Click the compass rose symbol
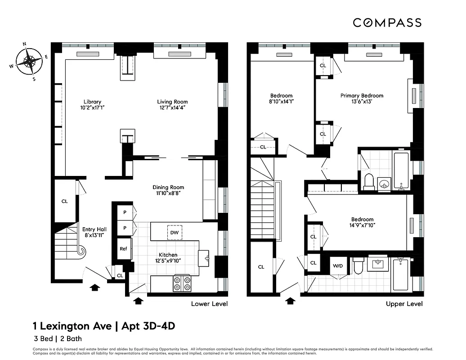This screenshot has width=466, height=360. tap(29, 61)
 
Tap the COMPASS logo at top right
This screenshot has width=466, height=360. tap(386, 22)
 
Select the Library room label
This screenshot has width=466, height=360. tap(92, 102)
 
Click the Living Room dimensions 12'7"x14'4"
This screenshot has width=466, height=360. tap(172, 108)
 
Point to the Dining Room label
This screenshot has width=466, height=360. tap(168, 187)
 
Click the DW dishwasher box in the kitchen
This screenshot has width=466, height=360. tap(175, 232)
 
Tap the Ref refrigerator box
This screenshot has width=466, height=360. tap(123, 248)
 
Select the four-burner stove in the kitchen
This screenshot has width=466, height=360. tap(182, 283)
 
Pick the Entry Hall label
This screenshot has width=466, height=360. tap(94, 229)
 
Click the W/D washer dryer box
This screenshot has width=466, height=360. tap(337, 265)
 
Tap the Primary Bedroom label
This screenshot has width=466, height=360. tap(362, 95)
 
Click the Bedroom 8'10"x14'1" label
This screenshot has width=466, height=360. tap(281, 95)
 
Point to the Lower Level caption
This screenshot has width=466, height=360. tap(209, 304)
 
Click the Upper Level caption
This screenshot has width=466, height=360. tap(404, 304)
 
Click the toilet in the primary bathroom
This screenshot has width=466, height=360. tap(369, 181)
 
